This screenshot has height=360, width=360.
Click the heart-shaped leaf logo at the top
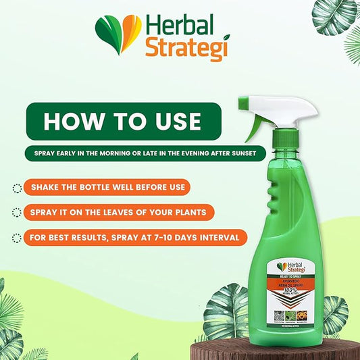point(118,34)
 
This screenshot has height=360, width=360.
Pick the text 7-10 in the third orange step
point(180,238)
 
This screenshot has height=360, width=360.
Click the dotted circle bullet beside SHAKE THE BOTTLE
point(16,187)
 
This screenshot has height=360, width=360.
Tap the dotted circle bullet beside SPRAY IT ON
point(16,213)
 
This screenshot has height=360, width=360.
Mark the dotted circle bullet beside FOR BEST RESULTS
point(16,238)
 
